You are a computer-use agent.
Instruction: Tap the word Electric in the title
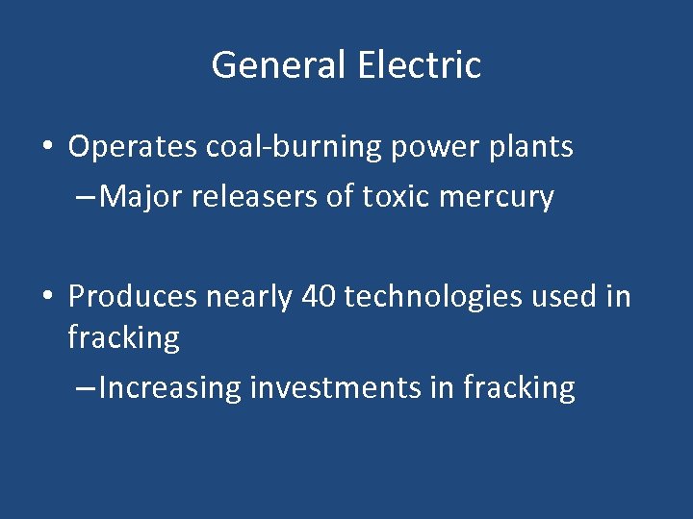[x=419, y=65]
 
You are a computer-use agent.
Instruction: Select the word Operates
[x=133, y=147]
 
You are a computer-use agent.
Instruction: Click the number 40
[x=319, y=297]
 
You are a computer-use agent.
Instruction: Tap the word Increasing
[x=169, y=388]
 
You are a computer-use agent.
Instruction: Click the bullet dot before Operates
[x=46, y=148]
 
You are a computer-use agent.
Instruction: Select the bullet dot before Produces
[x=46, y=298]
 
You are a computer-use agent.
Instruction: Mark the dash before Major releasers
[x=85, y=198]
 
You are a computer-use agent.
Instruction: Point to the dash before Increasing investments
[x=85, y=388]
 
